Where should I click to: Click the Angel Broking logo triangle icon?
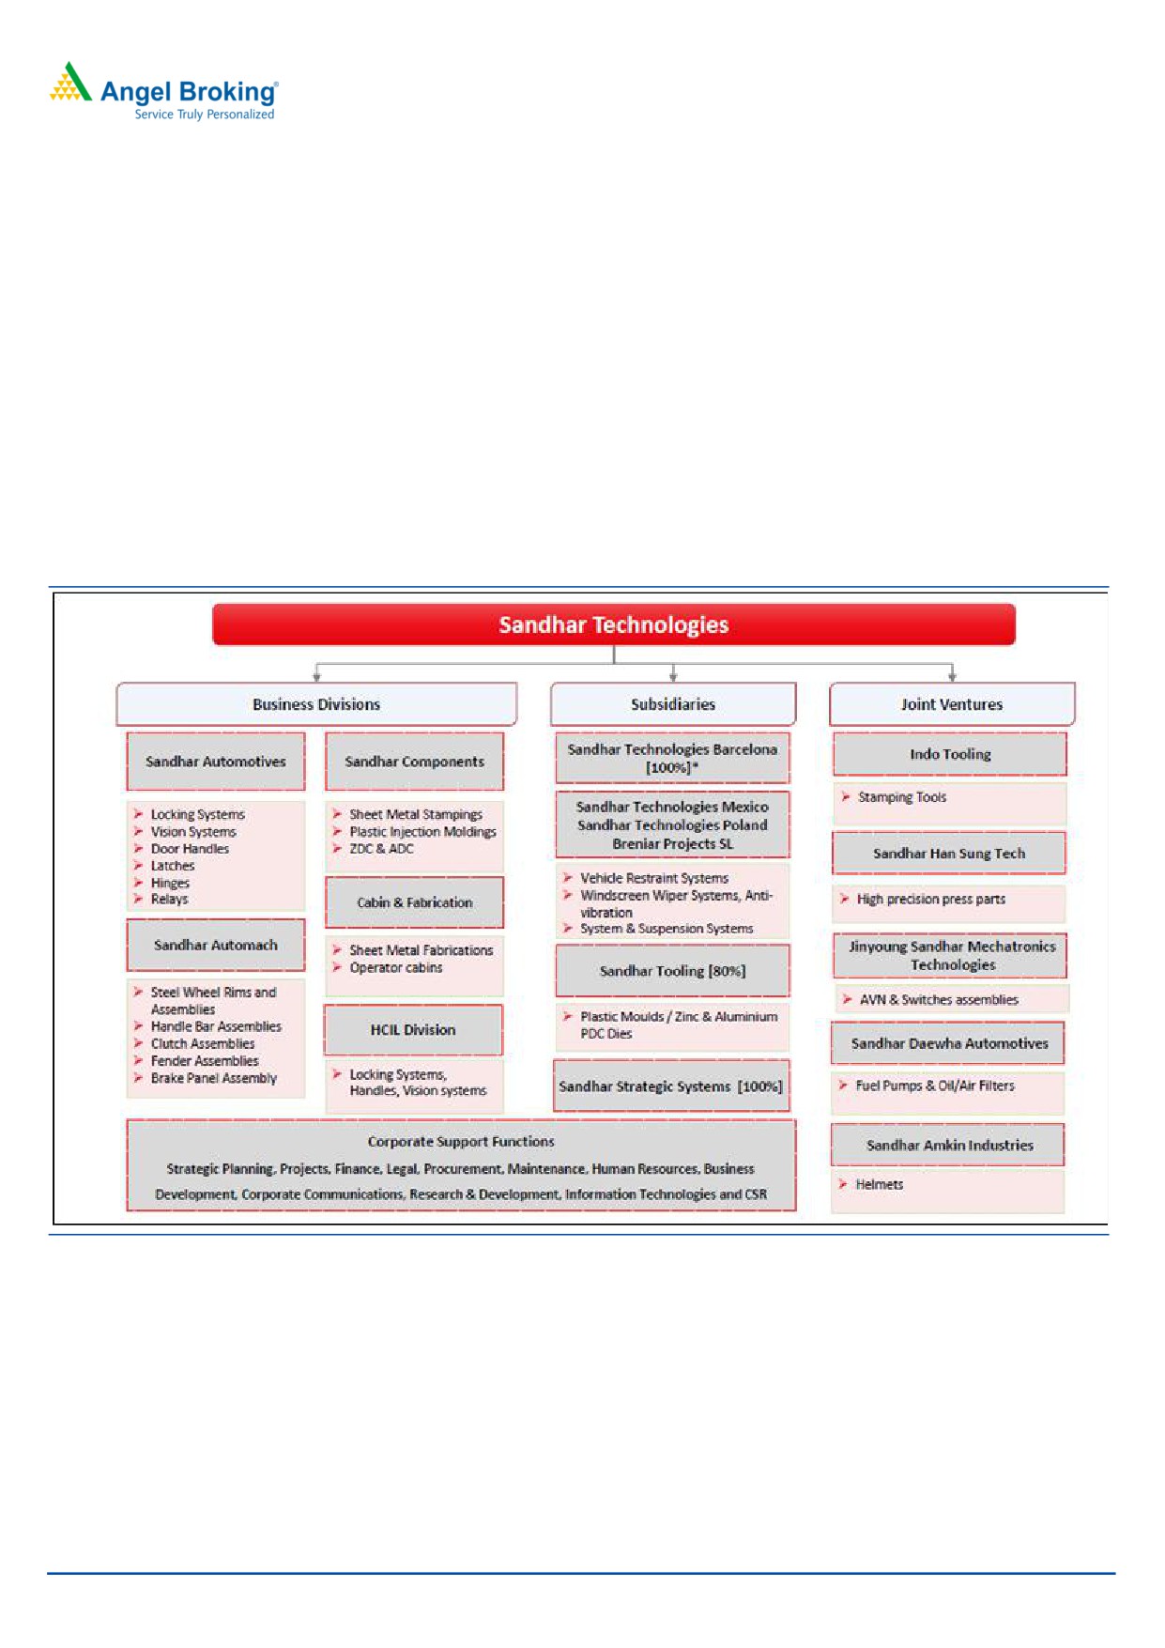[70, 83]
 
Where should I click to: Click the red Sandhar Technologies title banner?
[614, 624]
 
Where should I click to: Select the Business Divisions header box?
[316, 704]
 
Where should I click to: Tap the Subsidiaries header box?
[672, 704]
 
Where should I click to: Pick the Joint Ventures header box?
[951, 704]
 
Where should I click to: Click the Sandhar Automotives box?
[216, 762]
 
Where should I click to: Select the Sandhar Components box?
[414, 762]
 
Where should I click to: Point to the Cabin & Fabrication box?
[414, 902]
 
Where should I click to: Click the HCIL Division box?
[413, 1030]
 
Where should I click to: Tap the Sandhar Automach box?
[216, 946]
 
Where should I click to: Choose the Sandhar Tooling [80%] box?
[672, 971]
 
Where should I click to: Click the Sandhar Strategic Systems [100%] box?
[670, 1086]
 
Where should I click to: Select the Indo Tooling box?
[950, 754]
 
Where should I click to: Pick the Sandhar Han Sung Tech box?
[949, 854]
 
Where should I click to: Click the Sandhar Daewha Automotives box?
[949, 1043]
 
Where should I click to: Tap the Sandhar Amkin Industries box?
[949, 1146]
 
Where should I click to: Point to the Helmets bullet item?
[879, 1185]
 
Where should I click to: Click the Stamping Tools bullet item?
[901, 797]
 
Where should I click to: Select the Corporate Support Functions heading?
[461, 1142]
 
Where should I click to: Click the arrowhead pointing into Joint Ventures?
[952, 676]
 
